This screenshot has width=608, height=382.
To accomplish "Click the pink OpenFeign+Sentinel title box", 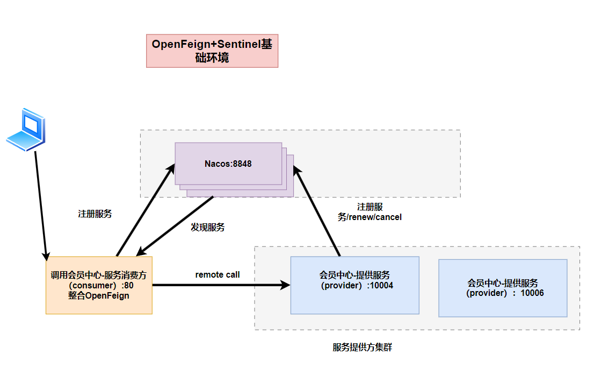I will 212,51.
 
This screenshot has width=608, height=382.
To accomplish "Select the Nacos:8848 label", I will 228,164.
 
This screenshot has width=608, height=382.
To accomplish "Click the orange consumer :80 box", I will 99,285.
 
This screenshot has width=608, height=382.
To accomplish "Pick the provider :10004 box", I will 354,285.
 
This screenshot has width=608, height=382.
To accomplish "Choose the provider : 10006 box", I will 503,288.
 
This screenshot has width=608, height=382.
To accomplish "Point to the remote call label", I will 218,275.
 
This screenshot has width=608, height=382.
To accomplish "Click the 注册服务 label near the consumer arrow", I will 95,214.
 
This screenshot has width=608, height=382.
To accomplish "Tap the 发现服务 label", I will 208,228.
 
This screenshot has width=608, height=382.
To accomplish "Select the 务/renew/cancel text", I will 370,217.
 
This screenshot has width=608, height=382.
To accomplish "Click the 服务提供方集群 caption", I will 363,348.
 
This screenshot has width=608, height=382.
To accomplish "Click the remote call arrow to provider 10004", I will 220,285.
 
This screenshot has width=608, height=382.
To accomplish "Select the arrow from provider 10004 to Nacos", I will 319,213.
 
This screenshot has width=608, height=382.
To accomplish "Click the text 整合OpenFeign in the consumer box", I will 99,295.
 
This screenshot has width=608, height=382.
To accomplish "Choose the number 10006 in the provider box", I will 532,293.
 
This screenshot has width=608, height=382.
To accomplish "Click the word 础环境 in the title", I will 212,58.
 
